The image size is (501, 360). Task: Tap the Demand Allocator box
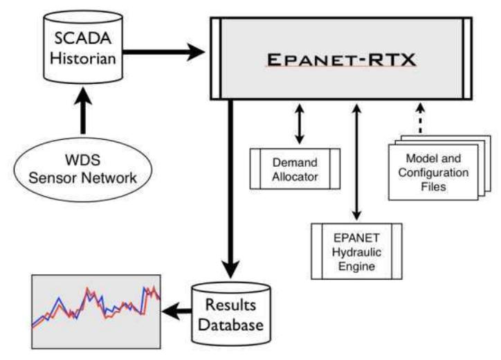(293, 168)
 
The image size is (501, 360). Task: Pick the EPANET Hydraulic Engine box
(357, 247)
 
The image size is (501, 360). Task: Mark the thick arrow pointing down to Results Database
(230, 187)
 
